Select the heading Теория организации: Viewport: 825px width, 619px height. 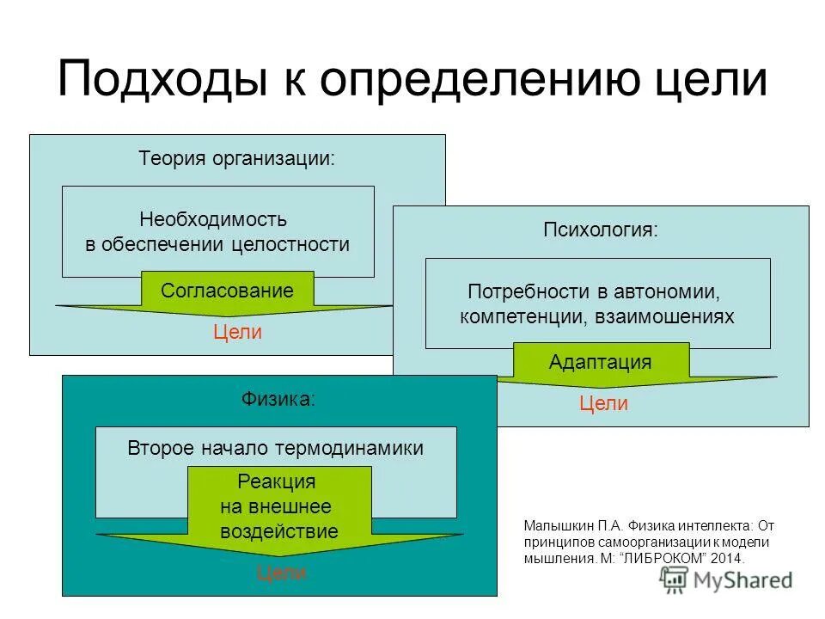pyautogui.click(x=237, y=159)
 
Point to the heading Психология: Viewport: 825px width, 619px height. pyautogui.click(x=601, y=230)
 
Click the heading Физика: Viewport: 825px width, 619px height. pyautogui.click(x=278, y=399)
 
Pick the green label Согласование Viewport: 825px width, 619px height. pyautogui.click(x=227, y=291)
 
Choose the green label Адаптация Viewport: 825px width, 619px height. pyautogui.click(x=600, y=362)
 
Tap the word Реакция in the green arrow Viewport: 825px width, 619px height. pyautogui.click(x=276, y=481)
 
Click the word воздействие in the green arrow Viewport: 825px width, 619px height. pyautogui.click(x=278, y=530)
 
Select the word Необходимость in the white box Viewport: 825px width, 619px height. pyautogui.click(x=213, y=219)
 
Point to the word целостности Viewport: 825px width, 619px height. pyautogui.click(x=290, y=244)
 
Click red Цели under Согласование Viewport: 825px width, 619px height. pyautogui.click(x=237, y=333)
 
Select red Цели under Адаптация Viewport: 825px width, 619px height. pyautogui.click(x=603, y=403)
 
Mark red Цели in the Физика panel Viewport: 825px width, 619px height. pyautogui.click(x=282, y=573)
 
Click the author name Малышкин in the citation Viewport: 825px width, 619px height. pyautogui.click(x=555, y=525)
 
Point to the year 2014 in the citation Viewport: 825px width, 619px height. pyautogui.click(x=727, y=558)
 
